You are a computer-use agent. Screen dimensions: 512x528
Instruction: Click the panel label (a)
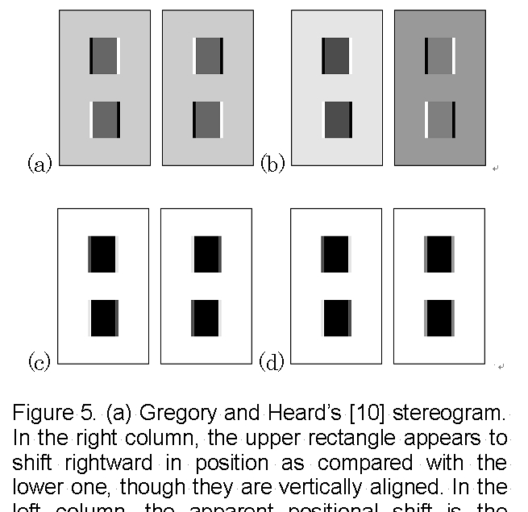coord(39,164)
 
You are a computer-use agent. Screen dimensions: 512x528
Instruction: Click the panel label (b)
coord(272,164)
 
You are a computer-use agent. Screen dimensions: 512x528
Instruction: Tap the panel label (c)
coord(39,362)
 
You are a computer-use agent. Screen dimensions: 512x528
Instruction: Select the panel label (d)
coord(272,362)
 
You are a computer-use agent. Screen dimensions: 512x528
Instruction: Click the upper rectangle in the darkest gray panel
coord(440,56)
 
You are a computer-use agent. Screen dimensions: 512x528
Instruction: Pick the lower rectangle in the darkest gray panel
coord(440,119)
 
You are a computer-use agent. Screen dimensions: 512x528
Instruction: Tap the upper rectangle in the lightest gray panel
coord(336,56)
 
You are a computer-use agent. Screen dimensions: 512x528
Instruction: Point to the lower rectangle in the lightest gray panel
coord(336,119)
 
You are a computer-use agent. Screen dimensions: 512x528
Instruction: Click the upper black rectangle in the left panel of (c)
coord(102,254)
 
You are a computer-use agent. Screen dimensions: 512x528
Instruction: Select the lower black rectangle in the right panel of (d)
coord(439,318)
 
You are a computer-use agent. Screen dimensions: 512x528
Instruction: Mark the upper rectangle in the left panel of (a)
coord(105,56)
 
